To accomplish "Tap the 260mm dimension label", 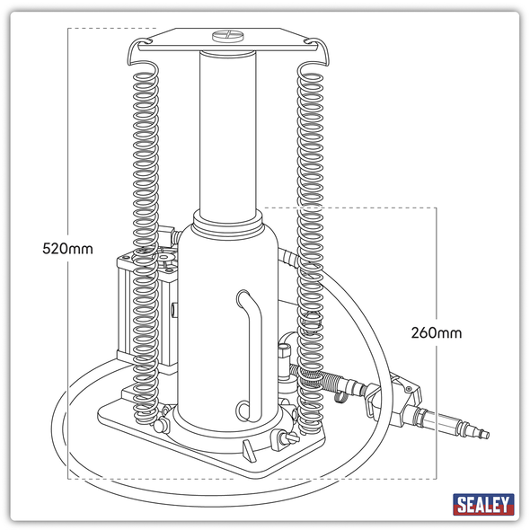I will [x=437, y=332].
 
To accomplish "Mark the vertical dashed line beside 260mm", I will [x=437, y=269].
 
